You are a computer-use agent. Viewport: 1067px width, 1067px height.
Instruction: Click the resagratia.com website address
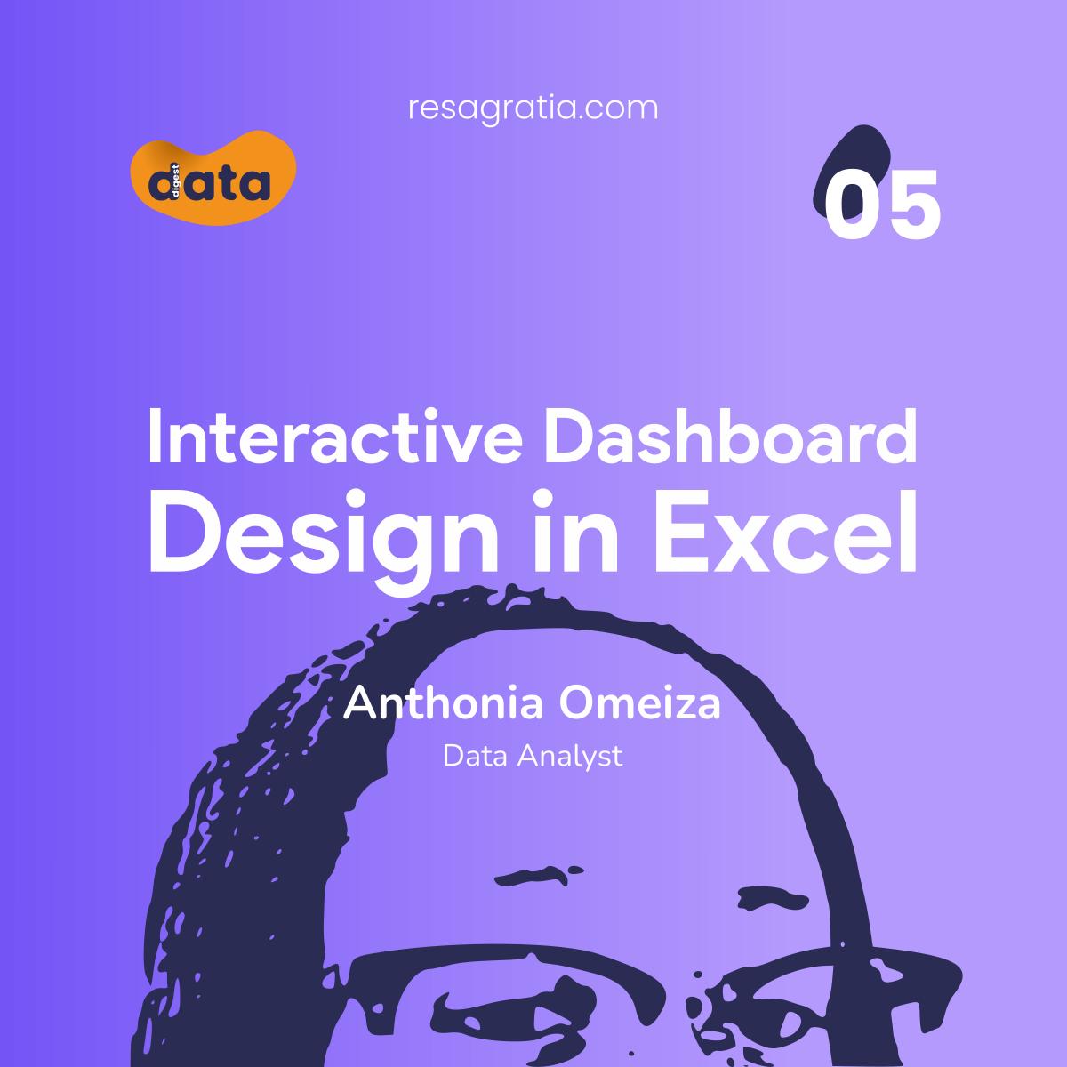(x=533, y=109)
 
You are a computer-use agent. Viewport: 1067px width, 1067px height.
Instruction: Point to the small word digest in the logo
(x=175, y=181)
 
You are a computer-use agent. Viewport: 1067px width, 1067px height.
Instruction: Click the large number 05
(x=882, y=205)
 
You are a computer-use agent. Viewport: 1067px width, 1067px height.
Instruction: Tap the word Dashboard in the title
(x=730, y=437)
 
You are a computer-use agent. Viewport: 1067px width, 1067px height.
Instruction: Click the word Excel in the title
(x=786, y=532)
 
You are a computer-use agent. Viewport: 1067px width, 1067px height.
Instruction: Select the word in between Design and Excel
(x=576, y=532)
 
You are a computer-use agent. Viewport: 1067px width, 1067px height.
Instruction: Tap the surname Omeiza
(x=639, y=702)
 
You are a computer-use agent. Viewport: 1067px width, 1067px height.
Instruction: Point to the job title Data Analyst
(x=533, y=757)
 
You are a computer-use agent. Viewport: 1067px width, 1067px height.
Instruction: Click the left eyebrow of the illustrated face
(x=537, y=875)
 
